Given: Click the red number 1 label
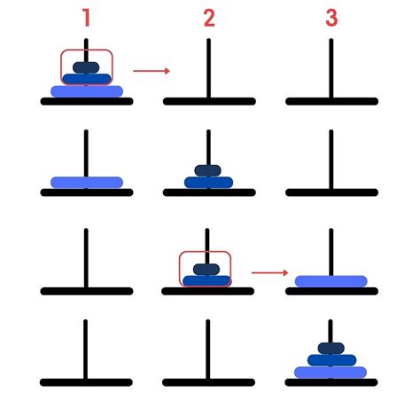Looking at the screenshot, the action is point(86,18).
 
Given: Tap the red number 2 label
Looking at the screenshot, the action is point(209,18).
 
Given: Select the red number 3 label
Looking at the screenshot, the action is point(331,18).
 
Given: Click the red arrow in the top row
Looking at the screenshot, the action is point(152,71).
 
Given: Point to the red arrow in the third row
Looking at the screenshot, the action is point(269,272).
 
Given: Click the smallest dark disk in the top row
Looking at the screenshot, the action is point(86,67).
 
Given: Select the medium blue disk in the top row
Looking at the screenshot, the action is point(87,79).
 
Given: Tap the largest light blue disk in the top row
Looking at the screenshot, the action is point(87,91).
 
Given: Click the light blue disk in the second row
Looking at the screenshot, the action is point(87,183).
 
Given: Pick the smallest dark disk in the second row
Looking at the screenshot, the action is point(207,170).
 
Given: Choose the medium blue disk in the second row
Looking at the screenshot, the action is point(208,183).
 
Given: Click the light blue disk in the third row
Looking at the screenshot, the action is point(331,281).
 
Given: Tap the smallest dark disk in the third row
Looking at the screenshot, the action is point(206,270).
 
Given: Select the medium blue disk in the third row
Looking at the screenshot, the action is point(206,281).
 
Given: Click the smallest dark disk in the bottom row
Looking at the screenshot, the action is point(331,349).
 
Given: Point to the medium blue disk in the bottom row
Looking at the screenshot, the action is point(331,360).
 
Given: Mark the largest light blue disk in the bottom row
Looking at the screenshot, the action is point(331,373).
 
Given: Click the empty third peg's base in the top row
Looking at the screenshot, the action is point(331,101).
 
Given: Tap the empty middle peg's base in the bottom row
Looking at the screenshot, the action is point(208,382).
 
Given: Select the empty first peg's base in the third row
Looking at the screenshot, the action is point(87,291).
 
